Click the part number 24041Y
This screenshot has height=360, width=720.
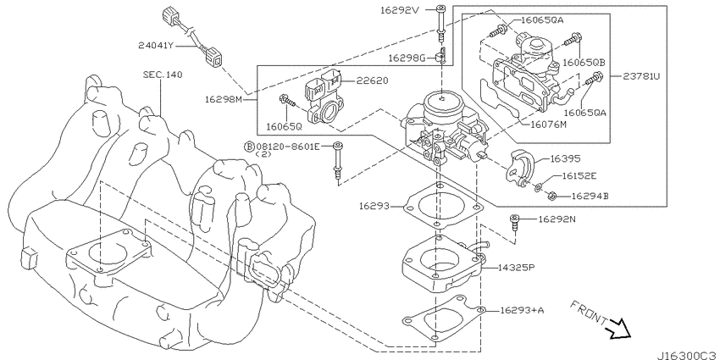[x=156, y=46]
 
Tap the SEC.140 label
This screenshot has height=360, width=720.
[x=162, y=75]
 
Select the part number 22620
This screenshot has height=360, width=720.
[x=373, y=80]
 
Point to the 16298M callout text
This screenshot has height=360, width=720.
[x=223, y=99]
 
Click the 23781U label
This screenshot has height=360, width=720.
[x=641, y=77]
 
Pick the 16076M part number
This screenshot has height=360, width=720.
[x=549, y=124]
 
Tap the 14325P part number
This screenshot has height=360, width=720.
[x=517, y=267]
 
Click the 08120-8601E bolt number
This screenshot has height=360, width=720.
[x=287, y=147]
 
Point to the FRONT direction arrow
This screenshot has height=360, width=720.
[x=618, y=329]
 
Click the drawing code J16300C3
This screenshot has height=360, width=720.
[x=688, y=356]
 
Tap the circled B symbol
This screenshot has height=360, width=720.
[x=248, y=147]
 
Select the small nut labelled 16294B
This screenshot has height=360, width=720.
[x=553, y=196]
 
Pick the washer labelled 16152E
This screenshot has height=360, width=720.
[x=538, y=187]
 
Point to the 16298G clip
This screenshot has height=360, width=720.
[x=441, y=56]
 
